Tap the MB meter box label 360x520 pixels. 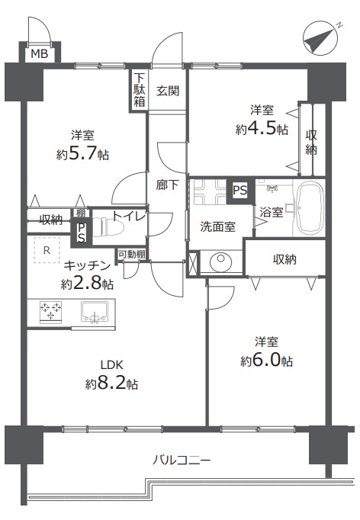click(40, 53)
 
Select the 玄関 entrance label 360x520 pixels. click(168, 91)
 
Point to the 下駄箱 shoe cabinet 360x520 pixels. click(139, 90)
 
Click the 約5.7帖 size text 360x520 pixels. click(82, 154)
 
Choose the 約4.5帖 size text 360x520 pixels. click(262, 129)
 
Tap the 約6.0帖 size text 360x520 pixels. click(266, 361)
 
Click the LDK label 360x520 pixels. click(112, 364)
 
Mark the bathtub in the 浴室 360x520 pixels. click(310, 208)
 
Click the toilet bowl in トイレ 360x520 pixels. click(108, 227)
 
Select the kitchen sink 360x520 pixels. click(95, 312)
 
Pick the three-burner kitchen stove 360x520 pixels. click(51, 312)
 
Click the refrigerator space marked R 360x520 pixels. click(47, 250)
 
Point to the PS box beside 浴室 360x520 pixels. click(240, 191)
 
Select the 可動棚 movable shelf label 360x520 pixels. click(132, 255)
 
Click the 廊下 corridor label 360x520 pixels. click(168, 185)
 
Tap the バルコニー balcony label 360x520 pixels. click(182, 461)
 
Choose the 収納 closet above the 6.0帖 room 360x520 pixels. click(284, 258)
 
